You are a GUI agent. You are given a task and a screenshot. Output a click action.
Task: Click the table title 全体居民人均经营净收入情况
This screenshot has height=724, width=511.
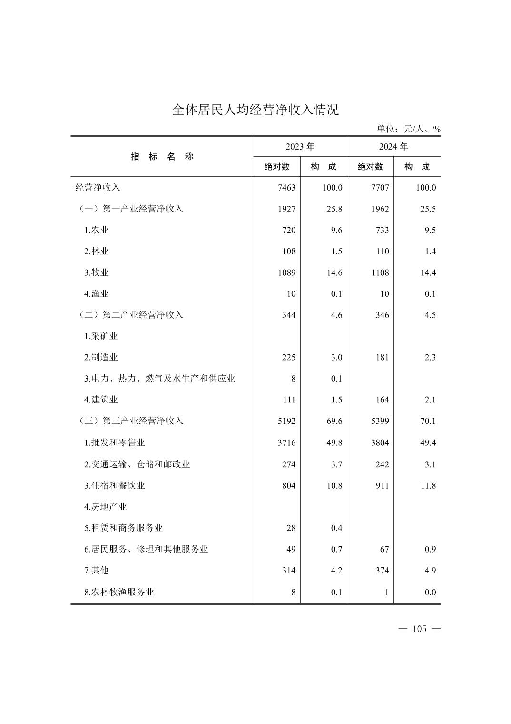(x=255, y=110)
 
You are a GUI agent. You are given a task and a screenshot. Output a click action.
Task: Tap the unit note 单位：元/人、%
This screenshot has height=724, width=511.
(x=409, y=129)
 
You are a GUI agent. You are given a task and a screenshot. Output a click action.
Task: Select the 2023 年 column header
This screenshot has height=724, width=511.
(x=300, y=147)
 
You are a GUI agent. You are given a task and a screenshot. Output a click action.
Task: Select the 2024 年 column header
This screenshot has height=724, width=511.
(x=393, y=147)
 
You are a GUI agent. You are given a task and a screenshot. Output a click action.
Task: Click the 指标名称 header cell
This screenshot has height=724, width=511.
(x=162, y=157)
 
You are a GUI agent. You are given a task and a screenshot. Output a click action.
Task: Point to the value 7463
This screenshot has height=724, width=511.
(x=286, y=188)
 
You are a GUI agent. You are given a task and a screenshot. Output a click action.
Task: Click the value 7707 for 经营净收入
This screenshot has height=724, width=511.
(x=380, y=188)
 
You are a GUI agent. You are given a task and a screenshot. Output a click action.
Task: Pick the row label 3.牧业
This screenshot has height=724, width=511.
(x=97, y=272)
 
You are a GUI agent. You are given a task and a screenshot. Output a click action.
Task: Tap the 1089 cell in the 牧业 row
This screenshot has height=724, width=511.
(x=286, y=272)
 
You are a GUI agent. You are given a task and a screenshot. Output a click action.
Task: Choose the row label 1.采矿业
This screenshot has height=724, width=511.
(x=101, y=336)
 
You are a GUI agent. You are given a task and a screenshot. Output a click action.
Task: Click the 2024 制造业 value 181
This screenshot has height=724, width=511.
(x=382, y=357)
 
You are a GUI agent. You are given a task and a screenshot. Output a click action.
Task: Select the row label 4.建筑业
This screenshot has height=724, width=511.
(x=101, y=400)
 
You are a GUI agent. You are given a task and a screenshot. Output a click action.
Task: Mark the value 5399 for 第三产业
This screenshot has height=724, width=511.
(x=380, y=421)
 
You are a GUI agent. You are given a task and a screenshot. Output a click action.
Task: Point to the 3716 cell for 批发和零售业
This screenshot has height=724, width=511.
(x=286, y=442)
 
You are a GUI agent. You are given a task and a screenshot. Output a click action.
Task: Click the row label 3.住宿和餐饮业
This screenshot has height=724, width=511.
(x=114, y=485)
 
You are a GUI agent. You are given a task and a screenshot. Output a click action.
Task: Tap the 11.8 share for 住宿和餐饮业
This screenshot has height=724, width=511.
(x=428, y=486)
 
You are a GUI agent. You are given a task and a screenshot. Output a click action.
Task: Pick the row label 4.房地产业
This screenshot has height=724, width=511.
(x=106, y=507)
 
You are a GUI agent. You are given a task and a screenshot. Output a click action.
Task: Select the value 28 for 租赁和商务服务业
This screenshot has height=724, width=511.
(x=291, y=528)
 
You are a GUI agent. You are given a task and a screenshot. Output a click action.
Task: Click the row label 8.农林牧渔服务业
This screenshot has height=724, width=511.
(x=119, y=592)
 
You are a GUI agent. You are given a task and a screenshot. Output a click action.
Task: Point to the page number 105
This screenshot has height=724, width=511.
(x=419, y=629)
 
